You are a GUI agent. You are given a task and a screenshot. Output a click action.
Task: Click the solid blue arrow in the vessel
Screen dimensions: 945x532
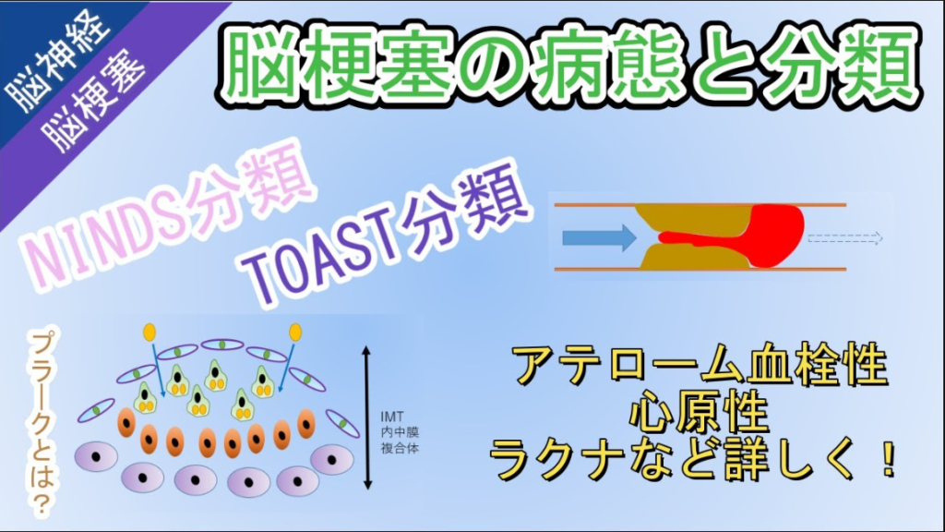[x=599, y=237]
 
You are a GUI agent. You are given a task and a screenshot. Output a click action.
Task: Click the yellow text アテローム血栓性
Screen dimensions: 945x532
[x=701, y=366]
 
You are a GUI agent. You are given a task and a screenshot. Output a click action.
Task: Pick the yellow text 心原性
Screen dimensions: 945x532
[x=700, y=414]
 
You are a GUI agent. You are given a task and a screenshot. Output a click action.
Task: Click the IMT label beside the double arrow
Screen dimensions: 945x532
[x=392, y=417]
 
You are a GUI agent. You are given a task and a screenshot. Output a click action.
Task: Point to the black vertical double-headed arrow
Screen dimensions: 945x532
[x=367, y=417]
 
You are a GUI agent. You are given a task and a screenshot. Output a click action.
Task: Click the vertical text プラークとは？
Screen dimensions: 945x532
[x=42, y=423]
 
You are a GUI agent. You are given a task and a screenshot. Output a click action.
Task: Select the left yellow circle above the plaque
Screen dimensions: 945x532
[x=149, y=332]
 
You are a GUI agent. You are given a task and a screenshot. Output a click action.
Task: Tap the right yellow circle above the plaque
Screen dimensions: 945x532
[x=295, y=332]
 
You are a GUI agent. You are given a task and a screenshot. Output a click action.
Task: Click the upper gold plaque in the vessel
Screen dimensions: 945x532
[x=693, y=217]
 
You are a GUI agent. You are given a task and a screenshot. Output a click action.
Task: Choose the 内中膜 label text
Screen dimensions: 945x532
[x=400, y=432]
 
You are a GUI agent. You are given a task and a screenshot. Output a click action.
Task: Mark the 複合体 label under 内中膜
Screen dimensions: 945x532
[x=400, y=448]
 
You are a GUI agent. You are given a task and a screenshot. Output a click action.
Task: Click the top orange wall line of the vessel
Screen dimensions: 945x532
[x=700, y=205]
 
